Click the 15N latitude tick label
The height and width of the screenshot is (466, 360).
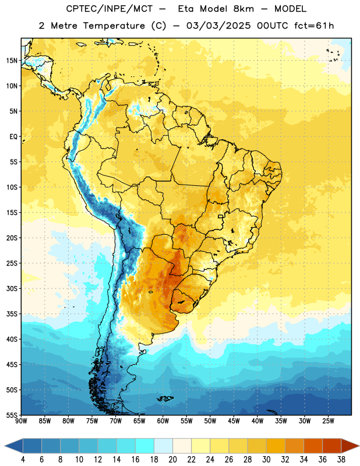(x=12, y=61)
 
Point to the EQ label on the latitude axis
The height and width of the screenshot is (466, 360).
(x=13, y=137)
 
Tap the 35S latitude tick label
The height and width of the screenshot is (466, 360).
(x=12, y=314)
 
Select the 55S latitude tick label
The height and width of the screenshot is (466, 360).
(x=12, y=415)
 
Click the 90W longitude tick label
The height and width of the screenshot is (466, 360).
(x=22, y=421)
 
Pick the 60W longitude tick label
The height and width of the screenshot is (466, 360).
(x=163, y=421)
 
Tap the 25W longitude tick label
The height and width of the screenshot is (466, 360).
(x=329, y=421)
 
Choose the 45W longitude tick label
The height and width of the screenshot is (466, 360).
(x=234, y=421)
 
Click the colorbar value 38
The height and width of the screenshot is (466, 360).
(x=341, y=460)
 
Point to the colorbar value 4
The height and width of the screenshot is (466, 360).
(x=23, y=460)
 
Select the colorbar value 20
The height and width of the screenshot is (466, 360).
(x=172, y=460)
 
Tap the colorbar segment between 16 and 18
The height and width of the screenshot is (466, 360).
(x=145, y=446)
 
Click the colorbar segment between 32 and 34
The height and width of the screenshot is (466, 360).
(x=294, y=446)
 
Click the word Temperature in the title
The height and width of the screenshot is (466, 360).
(x=114, y=26)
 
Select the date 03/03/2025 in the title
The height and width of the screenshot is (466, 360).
(x=218, y=26)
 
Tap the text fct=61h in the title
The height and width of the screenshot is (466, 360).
(x=314, y=26)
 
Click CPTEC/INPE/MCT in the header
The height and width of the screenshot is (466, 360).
(x=109, y=9)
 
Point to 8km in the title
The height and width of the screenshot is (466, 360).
(x=243, y=9)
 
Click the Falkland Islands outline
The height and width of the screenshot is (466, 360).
(x=165, y=398)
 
